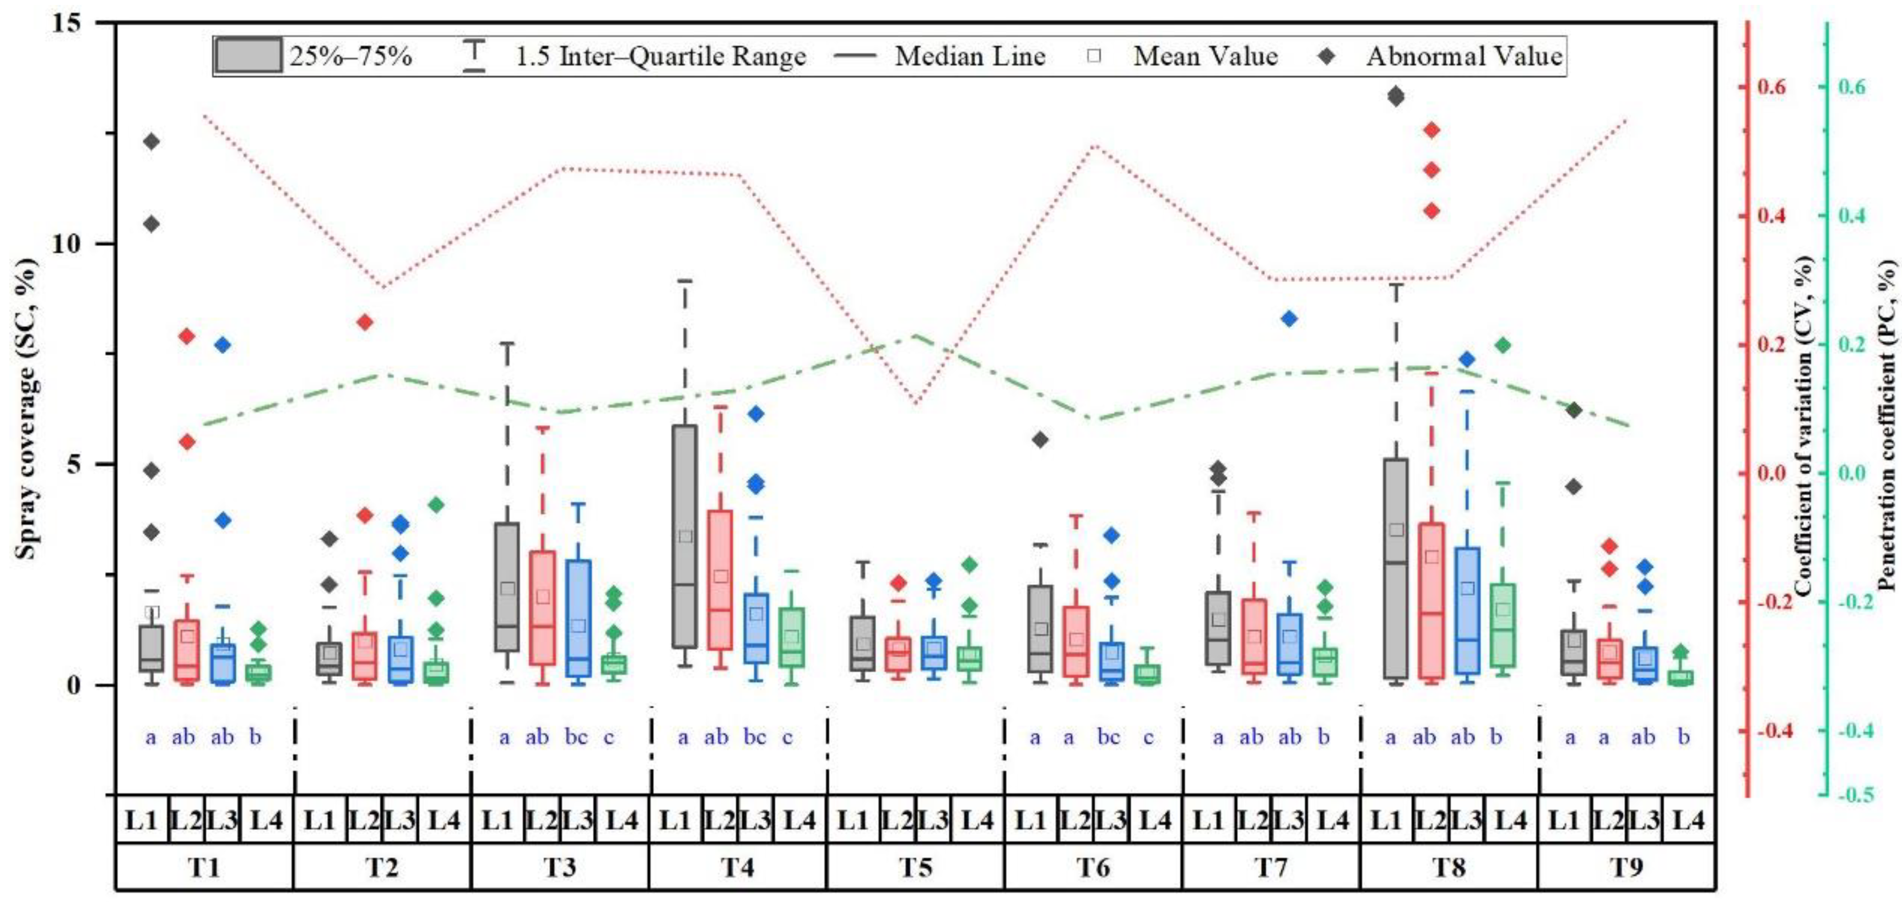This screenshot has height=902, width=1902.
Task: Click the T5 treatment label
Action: pos(915,867)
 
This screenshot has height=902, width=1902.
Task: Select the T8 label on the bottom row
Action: pos(1448,867)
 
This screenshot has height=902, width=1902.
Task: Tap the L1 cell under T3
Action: pos(497,820)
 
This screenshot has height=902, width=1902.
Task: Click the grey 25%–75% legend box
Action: pos(248,56)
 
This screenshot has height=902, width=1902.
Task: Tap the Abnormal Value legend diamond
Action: pos(1327,56)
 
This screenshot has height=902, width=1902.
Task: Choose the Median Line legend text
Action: pos(970,56)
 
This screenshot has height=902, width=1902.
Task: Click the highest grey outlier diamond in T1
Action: pos(152,141)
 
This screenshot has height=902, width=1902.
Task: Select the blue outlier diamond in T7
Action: pos(1289,319)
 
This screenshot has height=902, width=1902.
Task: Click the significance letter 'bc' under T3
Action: pos(576,737)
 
